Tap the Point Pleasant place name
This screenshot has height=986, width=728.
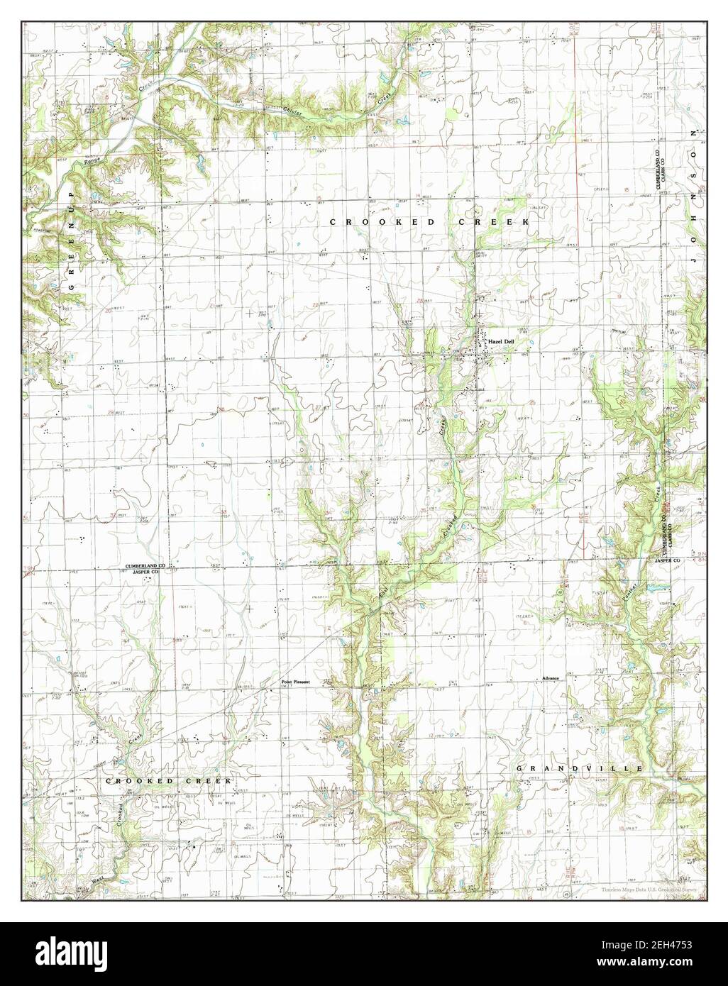coord(296,682)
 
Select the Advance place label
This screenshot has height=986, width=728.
coord(551,678)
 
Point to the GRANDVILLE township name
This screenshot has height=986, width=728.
coord(580,769)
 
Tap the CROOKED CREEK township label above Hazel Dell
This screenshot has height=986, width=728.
coord(430,223)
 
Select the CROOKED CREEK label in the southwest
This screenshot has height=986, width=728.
coord(169,781)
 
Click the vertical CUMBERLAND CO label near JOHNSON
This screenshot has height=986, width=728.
coord(658,170)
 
